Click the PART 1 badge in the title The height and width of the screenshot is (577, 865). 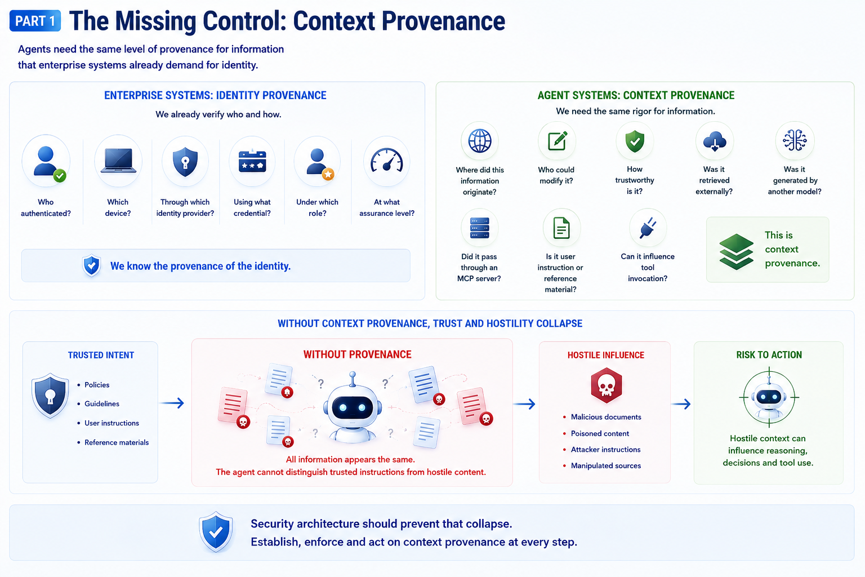pyautogui.click(x=35, y=21)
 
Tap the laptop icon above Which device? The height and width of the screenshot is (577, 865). pyautogui.click(x=118, y=161)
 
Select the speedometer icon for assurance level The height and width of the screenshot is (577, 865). pyautogui.click(x=386, y=160)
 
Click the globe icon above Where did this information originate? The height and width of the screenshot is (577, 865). pyautogui.click(x=480, y=141)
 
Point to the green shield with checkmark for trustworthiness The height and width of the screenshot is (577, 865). pyautogui.click(x=635, y=141)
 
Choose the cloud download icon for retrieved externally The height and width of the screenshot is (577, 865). pyautogui.click(x=715, y=141)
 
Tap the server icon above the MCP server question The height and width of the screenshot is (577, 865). pyautogui.click(x=480, y=228)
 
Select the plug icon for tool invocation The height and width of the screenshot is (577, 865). pyautogui.click(x=648, y=228)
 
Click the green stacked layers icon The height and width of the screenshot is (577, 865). pyautogui.click(x=737, y=251)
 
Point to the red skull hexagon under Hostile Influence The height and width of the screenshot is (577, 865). pyautogui.click(x=607, y=385)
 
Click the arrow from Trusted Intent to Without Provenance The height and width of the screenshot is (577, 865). pyautogui.click(x=172, y=403)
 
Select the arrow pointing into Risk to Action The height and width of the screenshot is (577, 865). pyautogui.click(x=681, y=404)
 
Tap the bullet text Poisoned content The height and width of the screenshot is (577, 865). pyautogui.click(x=600, y=433)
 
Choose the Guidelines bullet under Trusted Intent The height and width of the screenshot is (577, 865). pyautogui.click(x=102, y=403)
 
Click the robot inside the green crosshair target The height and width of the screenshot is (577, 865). pyautogui.click(x=769, y=398)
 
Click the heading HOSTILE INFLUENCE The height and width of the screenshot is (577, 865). pyautogui.click(x=606, y=355)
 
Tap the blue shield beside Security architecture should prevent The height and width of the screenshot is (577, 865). pyautogui.click(x=216, y=532)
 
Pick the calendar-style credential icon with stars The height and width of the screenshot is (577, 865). pyautogui.click(x=252, y=161)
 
